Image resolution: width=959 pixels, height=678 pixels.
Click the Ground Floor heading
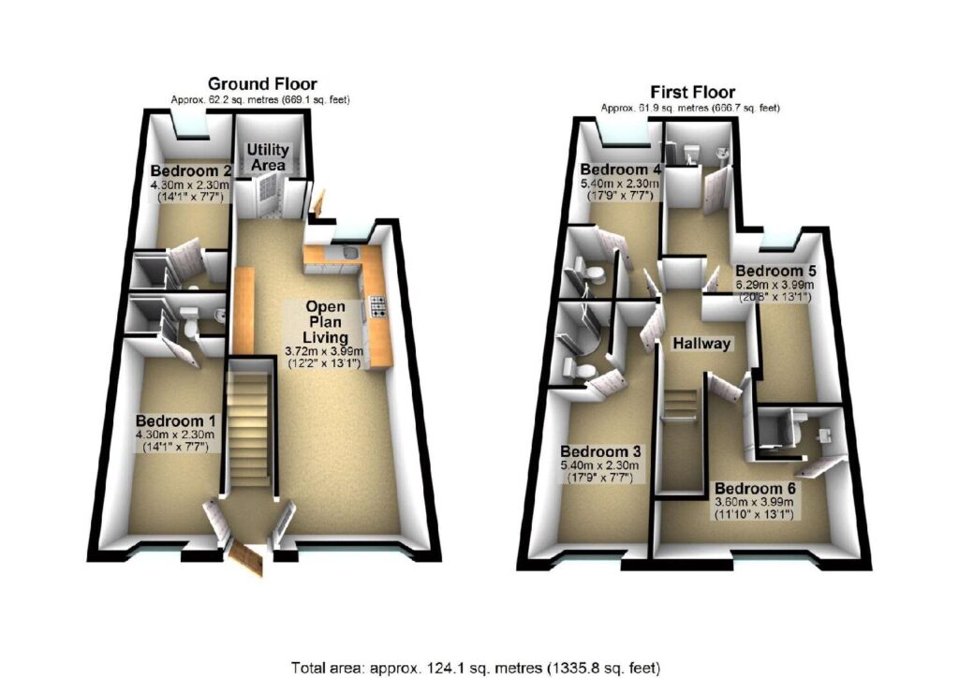coord(262,83)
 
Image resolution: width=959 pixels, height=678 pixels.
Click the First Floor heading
coord(692,93)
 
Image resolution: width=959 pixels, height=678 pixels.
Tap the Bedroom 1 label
coord(175,420)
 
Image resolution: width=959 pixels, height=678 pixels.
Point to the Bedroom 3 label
coord(600,451)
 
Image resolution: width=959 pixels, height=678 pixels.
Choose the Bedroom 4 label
coord(620,169)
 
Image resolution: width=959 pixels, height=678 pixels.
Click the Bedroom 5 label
coord(776,271)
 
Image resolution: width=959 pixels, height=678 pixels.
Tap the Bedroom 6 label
coord(756,489)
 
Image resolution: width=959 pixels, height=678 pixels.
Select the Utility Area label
coord(268,157)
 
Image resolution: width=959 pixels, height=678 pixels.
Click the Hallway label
coord(701,344)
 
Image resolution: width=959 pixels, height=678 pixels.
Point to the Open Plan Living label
coord(326,321)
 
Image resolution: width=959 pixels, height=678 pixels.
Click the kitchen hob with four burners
coord(378,306)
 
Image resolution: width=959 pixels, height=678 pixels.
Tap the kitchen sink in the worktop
coord(349,253)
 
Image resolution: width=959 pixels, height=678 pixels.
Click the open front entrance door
coord(245,557)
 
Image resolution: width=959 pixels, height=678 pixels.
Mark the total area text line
coord(475,667)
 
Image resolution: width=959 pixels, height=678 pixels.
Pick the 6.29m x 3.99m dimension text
coord(775,286)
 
